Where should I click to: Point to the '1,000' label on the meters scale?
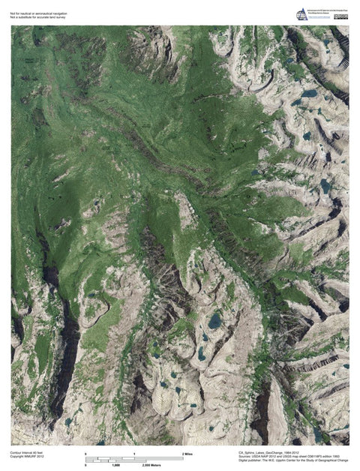pyautogui.click(x=116, y=466)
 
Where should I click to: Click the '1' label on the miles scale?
pyautogui.click(x=134, y=454)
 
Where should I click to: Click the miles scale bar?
pyautogui.click(x=135, y=458)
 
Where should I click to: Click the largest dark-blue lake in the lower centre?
pyautogui.click(x=215, y=321)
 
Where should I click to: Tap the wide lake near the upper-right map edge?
pyautogui.click(x=309, y=94)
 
